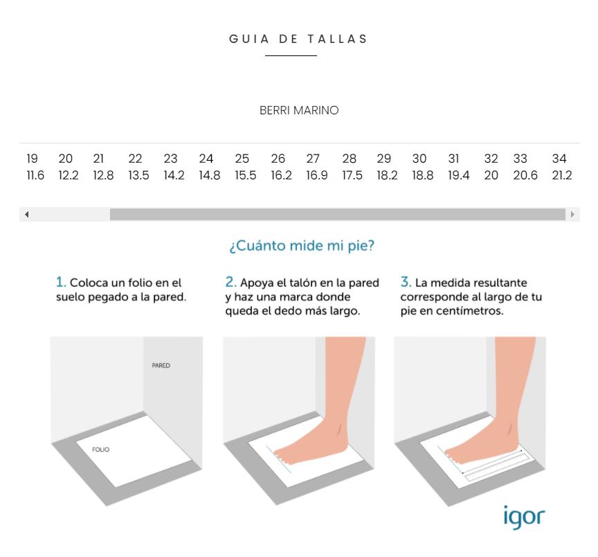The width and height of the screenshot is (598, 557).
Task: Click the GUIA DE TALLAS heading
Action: (298, 39)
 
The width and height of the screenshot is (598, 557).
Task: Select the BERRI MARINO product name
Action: (299, 110)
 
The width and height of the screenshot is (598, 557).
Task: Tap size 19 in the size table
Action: (32, 159)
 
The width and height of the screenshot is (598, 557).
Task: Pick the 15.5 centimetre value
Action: (245, 175)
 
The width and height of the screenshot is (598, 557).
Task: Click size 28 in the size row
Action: (349, 159)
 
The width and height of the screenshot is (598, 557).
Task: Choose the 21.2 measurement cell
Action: (562, 175)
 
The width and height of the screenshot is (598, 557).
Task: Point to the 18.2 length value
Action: (387, 175)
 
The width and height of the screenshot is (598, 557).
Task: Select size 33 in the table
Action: (520, 159)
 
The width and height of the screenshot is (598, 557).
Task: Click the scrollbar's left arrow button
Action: (27, 215)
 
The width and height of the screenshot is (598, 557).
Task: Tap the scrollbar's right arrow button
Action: (572, 215)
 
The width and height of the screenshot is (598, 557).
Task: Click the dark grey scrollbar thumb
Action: (338, 215)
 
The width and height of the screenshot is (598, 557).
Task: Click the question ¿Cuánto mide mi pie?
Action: (302, 245)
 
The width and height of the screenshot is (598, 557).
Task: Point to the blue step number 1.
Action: (61, 282)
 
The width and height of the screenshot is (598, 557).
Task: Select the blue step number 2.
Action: (230, 282)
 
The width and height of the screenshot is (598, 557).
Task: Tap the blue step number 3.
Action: (406, 282)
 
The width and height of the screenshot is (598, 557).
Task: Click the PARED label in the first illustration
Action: (161, 365)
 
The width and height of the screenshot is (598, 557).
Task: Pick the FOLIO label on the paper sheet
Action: (100, 450)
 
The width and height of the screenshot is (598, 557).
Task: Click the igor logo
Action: (525, 517)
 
